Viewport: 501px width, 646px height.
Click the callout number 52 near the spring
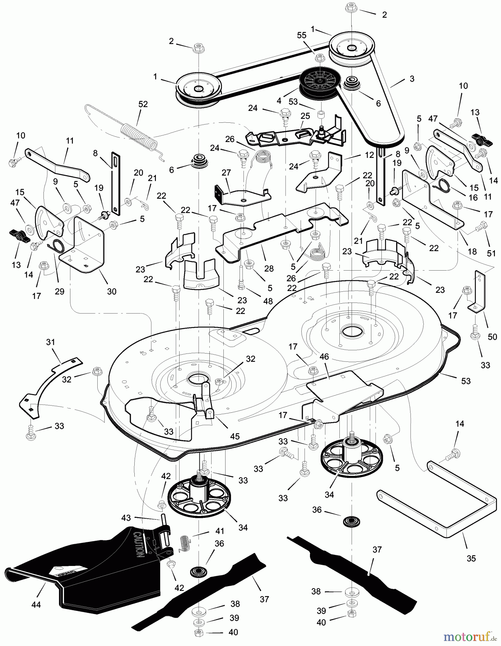[143, 104]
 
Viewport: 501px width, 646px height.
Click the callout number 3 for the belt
[412, 79]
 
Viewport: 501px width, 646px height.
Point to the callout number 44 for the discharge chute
[36, 605]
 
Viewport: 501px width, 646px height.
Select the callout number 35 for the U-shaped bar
[471, 558]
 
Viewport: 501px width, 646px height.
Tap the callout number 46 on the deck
[324, 357]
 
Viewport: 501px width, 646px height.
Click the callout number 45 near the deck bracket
[235, 437]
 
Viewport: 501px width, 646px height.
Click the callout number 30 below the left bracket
[112, 291]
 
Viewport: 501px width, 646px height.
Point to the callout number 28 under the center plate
[269, 268]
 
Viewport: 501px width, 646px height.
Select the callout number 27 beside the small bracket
[226, 172]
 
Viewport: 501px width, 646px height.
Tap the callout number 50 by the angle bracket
[492, 337]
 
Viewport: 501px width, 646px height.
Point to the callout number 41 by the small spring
[219, 530]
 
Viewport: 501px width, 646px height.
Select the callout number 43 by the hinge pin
[126, 518]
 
